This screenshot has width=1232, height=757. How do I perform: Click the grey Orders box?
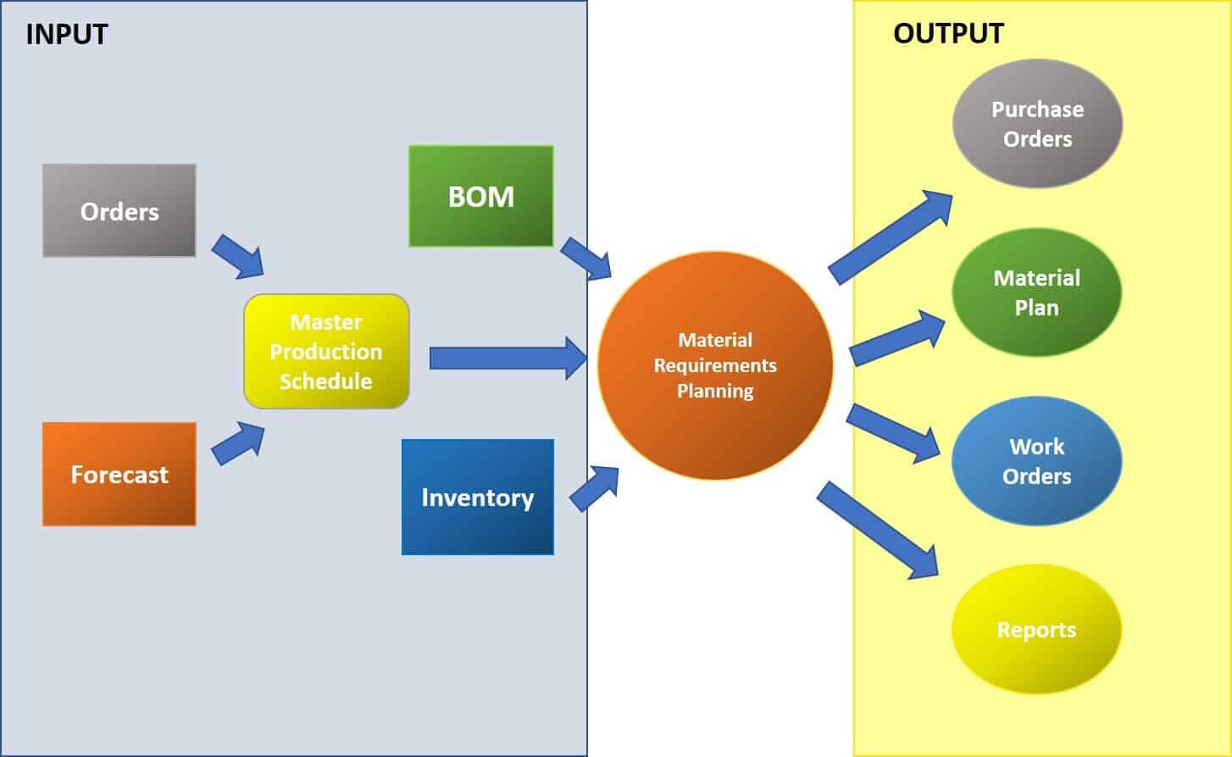119,210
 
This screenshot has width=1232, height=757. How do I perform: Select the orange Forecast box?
119,474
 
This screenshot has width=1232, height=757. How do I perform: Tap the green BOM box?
480,196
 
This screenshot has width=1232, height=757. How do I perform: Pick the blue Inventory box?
477,497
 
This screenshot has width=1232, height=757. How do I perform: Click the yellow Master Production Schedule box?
326,351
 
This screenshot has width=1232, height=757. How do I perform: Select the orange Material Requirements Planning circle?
715,365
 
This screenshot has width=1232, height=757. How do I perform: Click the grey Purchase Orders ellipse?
1037,124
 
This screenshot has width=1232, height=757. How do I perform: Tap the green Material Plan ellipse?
1036,292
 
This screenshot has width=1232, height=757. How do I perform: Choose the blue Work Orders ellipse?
1036,461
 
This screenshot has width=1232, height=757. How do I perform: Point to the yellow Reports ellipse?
1036,630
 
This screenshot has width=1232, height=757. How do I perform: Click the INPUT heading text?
67,34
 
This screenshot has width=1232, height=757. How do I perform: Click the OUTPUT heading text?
948,33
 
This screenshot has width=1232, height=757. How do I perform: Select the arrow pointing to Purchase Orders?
890,237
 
